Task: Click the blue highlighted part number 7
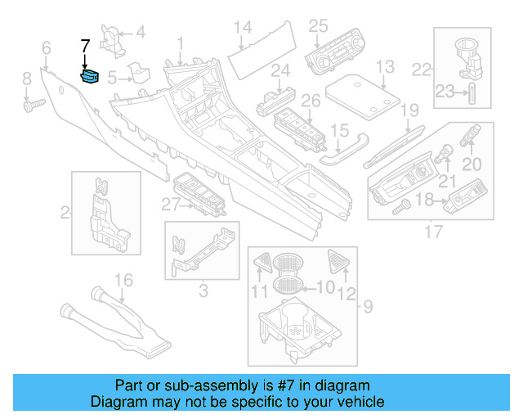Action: [x=90, y=76]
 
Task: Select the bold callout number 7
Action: [x=85, y=48]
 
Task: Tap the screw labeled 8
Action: [x=34, y=104]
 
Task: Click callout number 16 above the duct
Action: [x=122, y=282]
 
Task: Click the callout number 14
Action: [x=242, y=29]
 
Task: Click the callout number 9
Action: [x=367, y=307]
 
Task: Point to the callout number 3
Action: [x=203, y=289]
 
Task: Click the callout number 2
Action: [x=65, y=214]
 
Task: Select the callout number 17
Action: [x=428, y=232]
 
